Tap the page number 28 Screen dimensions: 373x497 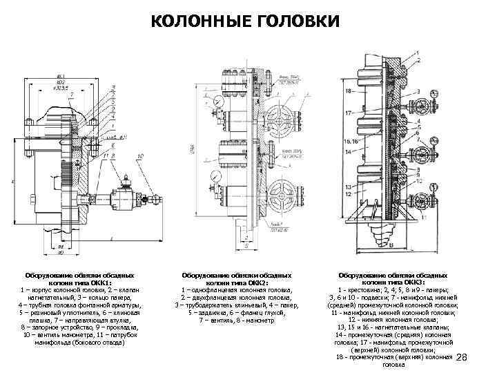tap(462, 357)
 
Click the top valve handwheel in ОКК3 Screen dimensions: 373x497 tap(420, 106)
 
